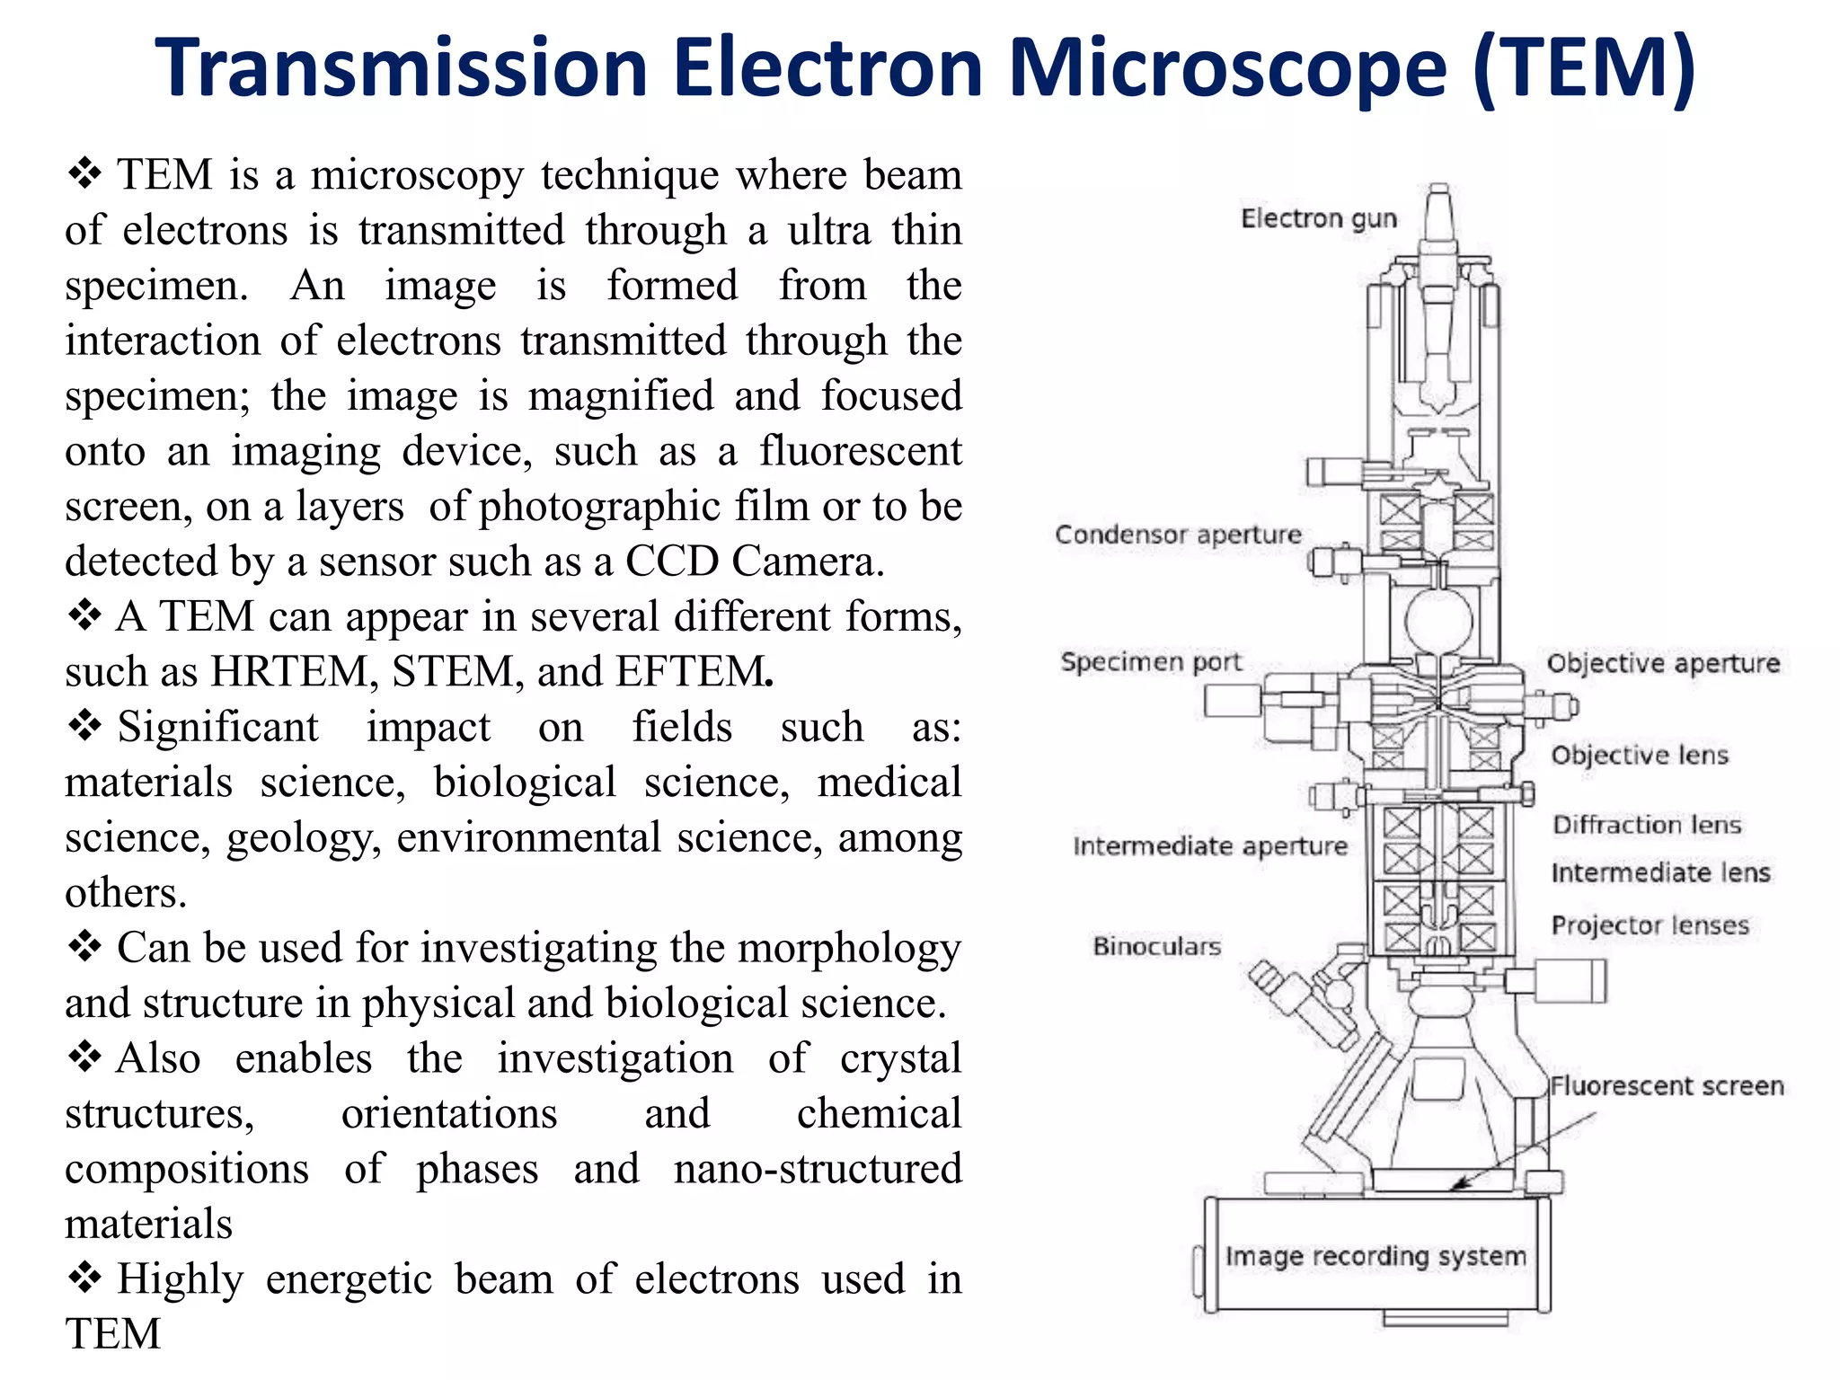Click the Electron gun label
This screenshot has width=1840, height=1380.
point(1318,218)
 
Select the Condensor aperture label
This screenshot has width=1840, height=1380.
point(1178,535)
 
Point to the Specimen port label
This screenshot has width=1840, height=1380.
point(1151,662)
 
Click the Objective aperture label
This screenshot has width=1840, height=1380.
point(1663,663)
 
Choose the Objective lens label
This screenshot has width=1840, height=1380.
point(1639,755)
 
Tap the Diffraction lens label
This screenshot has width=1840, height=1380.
point(1647,825)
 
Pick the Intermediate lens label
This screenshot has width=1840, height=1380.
point(1660,872)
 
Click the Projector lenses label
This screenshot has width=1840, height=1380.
point(1650,925)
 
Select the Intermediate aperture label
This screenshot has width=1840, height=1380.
point(1210,846)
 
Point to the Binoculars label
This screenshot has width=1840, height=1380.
point(1157,946)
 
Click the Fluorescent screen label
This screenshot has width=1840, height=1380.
point(1667,1085)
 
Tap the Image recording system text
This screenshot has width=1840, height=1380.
point(1376,1255)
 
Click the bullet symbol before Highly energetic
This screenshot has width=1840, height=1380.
point(84,1277)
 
